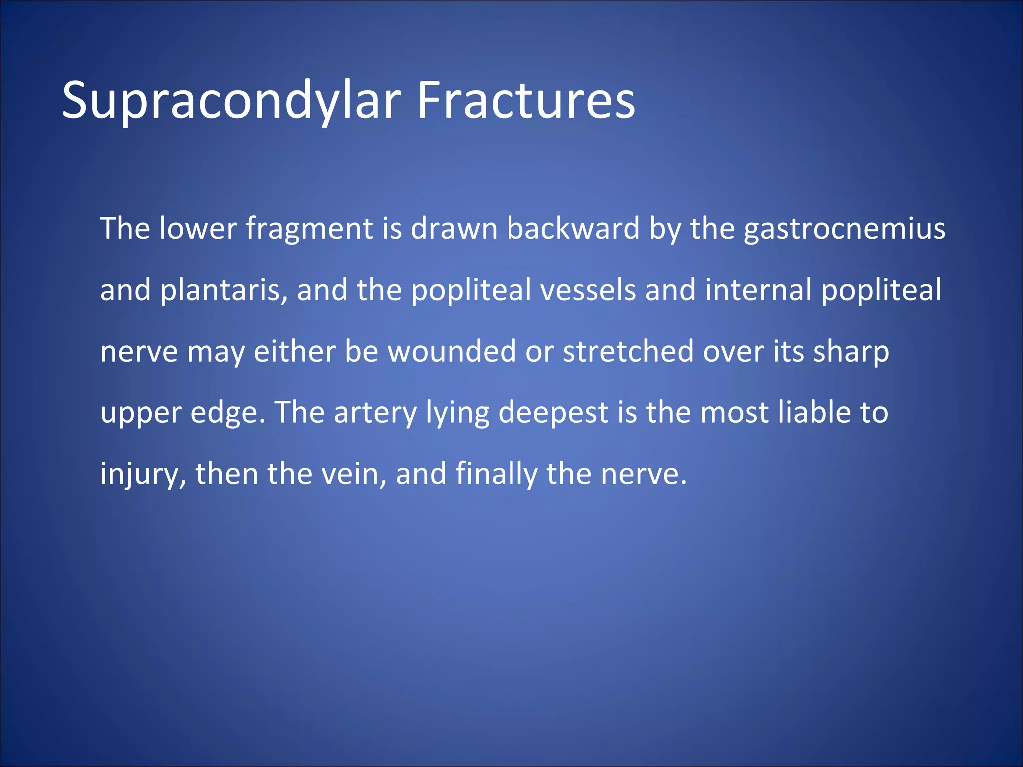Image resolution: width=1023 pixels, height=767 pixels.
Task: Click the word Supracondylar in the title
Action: tap(231, 101)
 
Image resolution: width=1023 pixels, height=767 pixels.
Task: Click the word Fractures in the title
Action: tap(525, 101)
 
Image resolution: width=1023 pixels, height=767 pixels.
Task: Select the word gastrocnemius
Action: tap(844, 229)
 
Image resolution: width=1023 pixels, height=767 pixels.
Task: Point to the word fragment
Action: tap(309, 229)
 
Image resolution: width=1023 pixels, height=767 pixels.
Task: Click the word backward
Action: tap(573, 228)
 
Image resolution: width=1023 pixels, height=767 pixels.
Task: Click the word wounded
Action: tap(452, 351)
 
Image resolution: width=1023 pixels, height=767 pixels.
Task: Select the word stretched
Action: tap(628, 351)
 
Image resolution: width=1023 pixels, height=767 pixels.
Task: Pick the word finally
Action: tap(496, 474)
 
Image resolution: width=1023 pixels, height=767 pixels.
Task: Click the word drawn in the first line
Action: tap(454, 228)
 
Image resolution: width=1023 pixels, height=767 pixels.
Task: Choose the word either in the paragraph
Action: tap(295, 351)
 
